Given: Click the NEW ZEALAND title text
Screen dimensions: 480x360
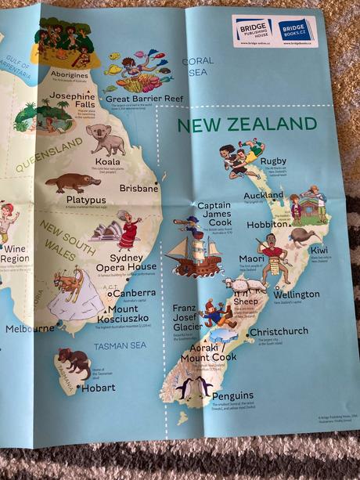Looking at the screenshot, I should click(247, 125).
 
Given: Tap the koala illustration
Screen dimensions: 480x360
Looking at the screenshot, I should click(106, 140).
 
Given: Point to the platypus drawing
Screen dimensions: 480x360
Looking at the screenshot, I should click(72, 183).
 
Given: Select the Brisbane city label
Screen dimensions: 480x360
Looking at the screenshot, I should click(139, 188).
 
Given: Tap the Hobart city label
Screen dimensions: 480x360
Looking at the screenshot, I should click(98, 387).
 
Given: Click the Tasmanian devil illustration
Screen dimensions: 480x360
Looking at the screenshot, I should click(73, 362).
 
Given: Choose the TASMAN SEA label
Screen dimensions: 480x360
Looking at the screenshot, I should click(120, 345).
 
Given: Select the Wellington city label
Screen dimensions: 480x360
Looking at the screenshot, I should click(296, 294).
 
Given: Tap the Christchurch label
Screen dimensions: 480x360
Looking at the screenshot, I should click(278, 332).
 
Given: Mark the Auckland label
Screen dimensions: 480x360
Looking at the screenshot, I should click(263, 195).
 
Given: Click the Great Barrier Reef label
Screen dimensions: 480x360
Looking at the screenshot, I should click(143, 99).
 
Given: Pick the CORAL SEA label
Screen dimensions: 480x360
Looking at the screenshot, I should click(197, 66).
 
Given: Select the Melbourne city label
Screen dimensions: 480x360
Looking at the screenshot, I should click(30, 329).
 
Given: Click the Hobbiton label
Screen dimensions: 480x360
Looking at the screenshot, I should click(268, 223).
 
